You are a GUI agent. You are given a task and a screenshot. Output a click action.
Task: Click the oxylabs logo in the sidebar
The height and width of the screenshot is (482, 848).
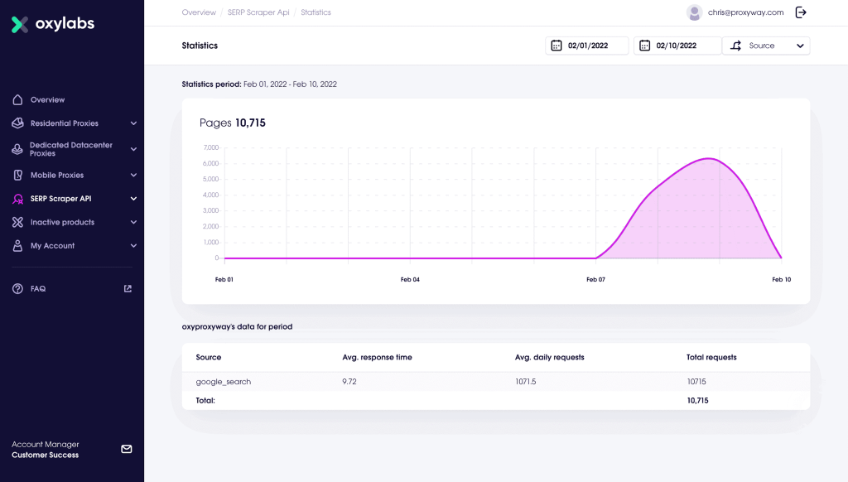(53, 24)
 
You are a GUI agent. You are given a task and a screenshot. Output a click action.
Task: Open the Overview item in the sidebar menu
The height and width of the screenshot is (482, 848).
(47, 100)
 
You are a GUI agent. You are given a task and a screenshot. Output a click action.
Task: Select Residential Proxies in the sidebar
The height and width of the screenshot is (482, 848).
(64, 123)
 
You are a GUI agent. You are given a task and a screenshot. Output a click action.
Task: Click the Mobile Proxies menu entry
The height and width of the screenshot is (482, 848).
(57, 176)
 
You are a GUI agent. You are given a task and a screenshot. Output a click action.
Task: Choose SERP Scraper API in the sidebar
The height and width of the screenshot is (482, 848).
(60, 199)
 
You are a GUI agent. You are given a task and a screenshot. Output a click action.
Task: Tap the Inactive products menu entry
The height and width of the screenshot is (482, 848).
(62, 222)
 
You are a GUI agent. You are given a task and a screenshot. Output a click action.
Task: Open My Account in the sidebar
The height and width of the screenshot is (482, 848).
(52, 246)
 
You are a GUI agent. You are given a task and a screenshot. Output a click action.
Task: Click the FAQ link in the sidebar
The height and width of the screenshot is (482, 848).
(38, 289)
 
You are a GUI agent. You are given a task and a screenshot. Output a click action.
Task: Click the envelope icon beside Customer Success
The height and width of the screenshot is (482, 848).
(127, 449)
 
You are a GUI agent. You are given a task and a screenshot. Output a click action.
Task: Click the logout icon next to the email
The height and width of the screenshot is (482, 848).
(801, 12)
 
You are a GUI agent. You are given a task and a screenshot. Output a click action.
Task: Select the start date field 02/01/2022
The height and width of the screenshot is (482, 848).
(587, 46)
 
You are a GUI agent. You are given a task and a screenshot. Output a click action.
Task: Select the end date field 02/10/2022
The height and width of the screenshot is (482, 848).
(676, 46)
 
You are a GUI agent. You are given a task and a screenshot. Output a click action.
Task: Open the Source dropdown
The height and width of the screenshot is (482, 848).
(766, 46)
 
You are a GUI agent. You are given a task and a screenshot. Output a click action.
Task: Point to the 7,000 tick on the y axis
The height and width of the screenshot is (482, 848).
(210, 147)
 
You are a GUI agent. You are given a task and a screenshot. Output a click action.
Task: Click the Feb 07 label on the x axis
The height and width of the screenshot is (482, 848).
(595, 280)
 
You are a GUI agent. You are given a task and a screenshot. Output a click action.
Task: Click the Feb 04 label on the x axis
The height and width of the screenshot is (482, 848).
(410, 280)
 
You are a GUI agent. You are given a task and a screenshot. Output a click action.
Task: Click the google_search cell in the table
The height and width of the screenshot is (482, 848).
(224, 382)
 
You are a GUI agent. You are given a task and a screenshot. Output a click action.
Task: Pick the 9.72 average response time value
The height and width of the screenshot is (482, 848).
(350, 382)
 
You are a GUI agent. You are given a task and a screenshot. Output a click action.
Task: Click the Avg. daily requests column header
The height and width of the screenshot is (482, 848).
(549, 358)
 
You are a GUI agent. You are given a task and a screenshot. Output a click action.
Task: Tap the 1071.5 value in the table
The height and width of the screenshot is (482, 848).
(525, 382)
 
